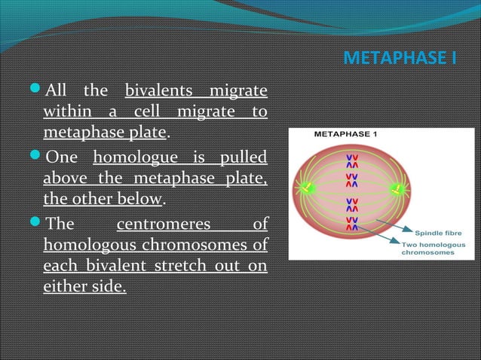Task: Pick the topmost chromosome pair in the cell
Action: pos(352,160)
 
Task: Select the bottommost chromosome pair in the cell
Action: pos(352,224)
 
